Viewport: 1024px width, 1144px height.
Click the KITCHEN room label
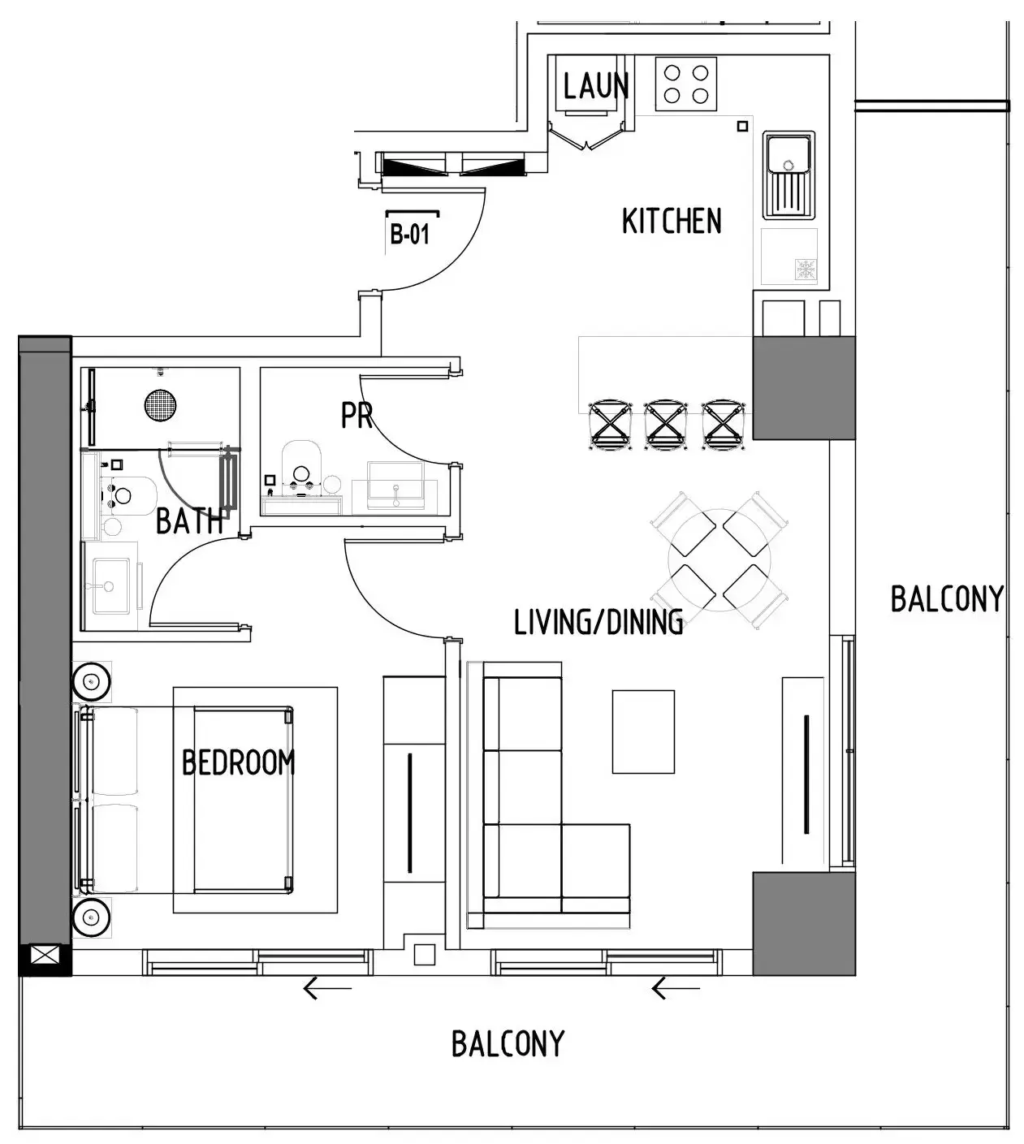tap(671, 221)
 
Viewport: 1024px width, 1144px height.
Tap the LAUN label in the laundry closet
tap(595, 86)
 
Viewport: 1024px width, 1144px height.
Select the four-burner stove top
tap(686, 84)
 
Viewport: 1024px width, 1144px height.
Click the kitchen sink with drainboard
tap(787, 176)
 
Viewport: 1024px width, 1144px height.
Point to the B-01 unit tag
tap(410, 235)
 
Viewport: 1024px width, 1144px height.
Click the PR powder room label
tap(356, 416)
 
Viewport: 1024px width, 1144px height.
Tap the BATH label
tap(189, 520)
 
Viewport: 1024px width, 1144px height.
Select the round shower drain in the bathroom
tap(160, 404)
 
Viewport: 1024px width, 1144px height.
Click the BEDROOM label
tap(238, 762)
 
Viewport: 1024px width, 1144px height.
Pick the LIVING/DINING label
tap(598, 622)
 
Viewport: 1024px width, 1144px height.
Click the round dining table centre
tap(719, 560)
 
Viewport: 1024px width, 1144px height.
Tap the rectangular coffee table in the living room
tap(643, 732)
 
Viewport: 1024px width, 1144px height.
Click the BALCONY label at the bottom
tap(508, 1043)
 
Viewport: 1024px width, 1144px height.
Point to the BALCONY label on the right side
tap(947, 599)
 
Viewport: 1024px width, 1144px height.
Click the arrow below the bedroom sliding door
tap(327, 988)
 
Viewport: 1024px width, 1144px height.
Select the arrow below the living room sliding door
tap(676, 988)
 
